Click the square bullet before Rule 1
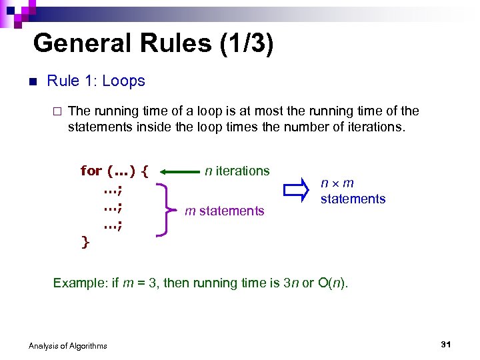coord(31,83)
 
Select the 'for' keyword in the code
coord(91,171)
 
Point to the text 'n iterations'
coord(237,171)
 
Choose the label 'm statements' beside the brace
coord(225,211)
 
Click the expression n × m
coord(337,183)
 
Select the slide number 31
coord(447,344)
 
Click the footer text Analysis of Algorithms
coord(68,345)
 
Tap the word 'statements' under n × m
coord(353,199)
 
